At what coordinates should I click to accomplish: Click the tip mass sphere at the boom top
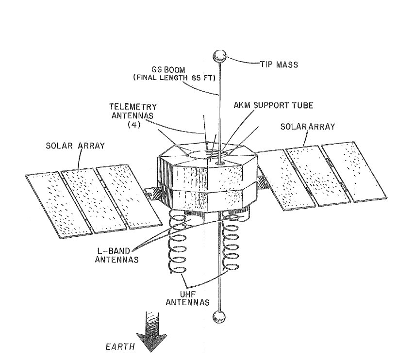[x=221, y=55]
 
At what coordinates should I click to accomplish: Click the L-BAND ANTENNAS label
[x=119, y=256]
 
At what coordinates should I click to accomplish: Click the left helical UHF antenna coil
[x=179, y=247]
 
